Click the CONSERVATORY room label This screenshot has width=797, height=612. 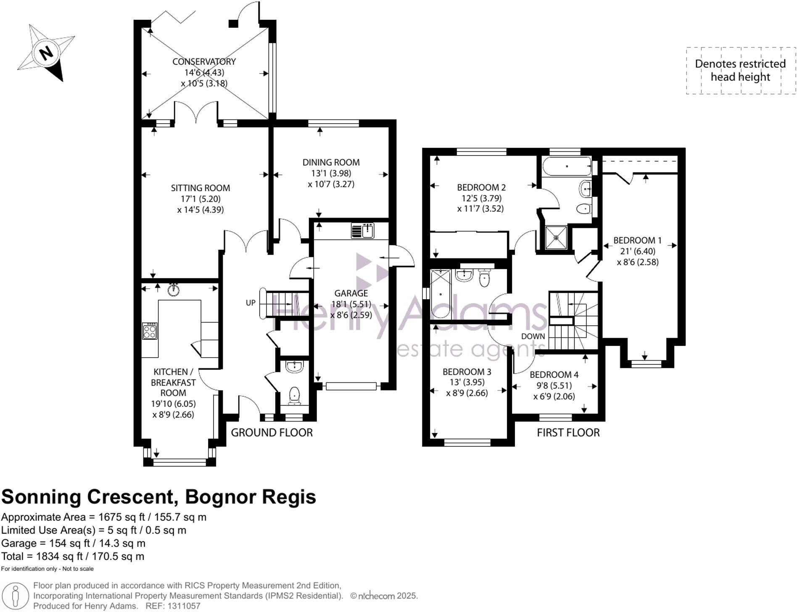[x=204, y=61]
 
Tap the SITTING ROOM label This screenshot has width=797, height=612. [x=201, y=188]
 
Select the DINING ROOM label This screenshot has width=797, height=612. [x=331, y=162]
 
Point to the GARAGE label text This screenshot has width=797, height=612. [x=351, y=293]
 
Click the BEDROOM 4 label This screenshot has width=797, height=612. [x=554, y=375]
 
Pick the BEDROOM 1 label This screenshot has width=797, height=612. [x=637, y=240]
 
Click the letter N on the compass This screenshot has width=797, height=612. [x=46, y=53]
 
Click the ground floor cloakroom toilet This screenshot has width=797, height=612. [x=294, y=396]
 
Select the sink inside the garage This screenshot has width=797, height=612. [x=362, y=231]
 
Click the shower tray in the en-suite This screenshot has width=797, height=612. [x=556, y=237]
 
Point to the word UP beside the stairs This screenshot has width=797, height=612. [x=251, y=303]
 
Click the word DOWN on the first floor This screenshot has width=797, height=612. [x=533, y=336]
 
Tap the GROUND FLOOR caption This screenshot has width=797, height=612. [x=272, y=433]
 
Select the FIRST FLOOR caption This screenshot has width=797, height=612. [x=568, y=433]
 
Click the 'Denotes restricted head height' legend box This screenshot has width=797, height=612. [x=741, y=70]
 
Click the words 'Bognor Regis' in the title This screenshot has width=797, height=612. [x=251, y=497]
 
